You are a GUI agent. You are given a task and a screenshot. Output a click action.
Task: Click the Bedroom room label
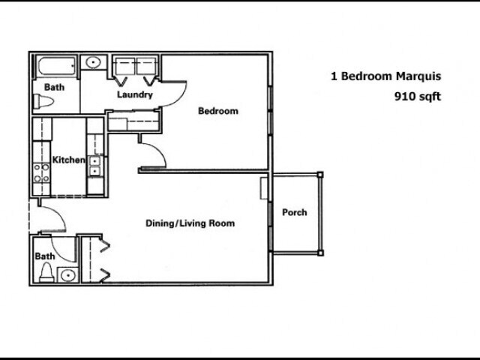point(218,111)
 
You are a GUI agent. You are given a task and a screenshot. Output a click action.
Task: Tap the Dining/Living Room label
point(190,223)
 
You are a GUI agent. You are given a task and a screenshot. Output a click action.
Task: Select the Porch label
point(295,212)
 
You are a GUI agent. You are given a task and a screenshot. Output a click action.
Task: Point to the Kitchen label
point(68,160)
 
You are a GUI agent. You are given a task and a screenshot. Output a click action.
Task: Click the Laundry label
point(135,94)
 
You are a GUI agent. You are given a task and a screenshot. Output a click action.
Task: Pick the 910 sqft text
point(418,97)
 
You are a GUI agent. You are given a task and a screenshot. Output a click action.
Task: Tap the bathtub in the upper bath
point(57,66)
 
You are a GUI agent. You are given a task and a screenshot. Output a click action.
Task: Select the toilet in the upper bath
point(43,101)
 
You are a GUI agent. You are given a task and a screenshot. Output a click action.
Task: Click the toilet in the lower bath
point(46,273)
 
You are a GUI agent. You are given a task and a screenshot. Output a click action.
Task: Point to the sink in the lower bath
point(68,275)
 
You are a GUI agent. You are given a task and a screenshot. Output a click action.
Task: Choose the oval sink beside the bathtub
point(93,62)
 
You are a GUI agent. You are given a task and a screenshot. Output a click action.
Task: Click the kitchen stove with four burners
point(41,173)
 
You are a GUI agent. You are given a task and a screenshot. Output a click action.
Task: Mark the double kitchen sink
point(94,166)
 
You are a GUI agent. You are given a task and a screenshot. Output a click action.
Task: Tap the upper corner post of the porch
point(320,175)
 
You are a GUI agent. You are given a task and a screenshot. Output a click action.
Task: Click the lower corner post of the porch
point(320,253)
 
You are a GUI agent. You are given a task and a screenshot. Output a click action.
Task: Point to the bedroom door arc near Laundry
point(181,98)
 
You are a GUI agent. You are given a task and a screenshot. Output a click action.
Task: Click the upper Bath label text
point(55,87)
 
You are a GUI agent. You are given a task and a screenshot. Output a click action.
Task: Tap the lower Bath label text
point(45,256)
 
